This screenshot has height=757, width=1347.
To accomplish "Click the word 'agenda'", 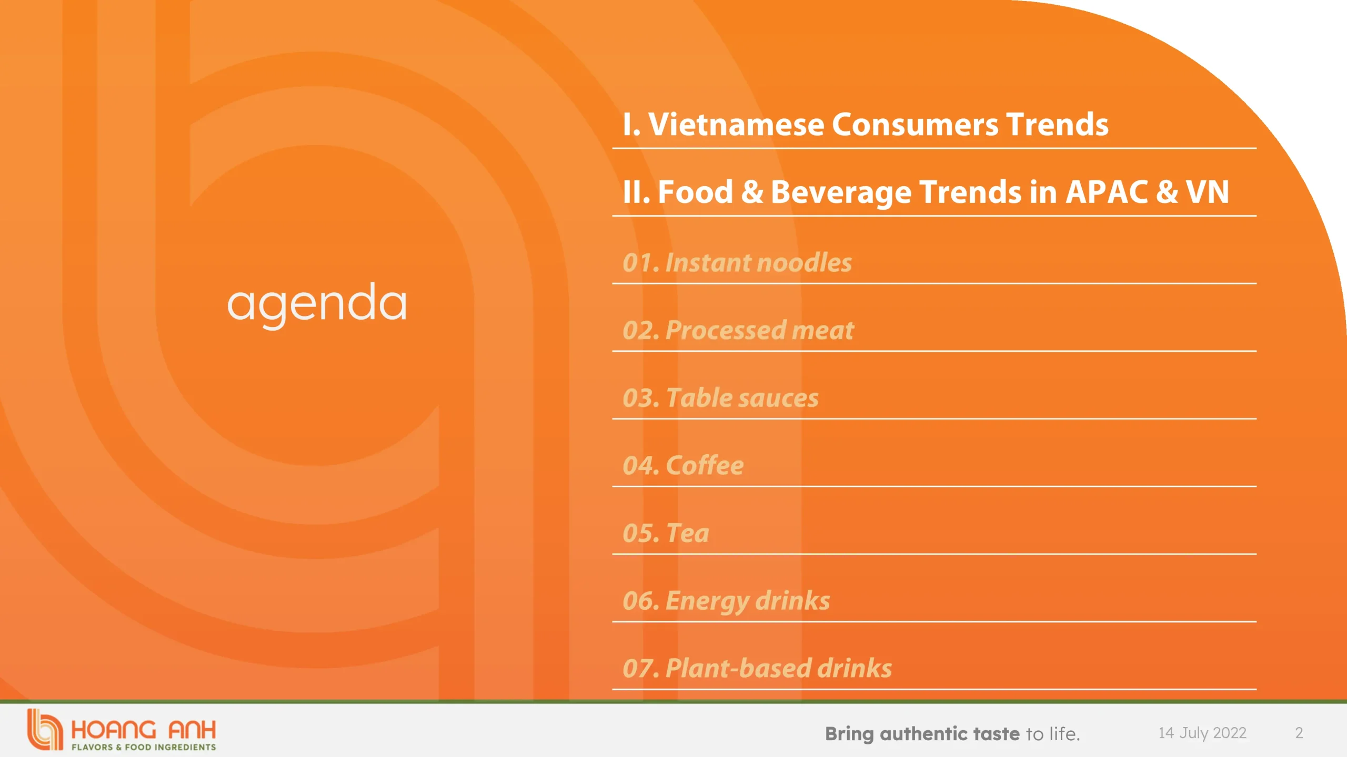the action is pos(317,303).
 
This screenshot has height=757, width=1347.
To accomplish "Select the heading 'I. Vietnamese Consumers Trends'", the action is pos(866,125).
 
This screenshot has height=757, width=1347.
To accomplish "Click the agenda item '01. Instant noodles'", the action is pos(737,262).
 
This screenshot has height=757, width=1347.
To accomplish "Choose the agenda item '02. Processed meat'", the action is pos(738,330).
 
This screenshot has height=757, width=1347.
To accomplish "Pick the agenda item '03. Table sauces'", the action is pos(720,398).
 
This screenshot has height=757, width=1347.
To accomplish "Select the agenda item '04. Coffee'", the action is pos(683,465).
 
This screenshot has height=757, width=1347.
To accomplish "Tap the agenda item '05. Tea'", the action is pos(666,533).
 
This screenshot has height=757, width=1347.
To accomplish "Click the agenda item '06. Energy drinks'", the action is pos(726,601).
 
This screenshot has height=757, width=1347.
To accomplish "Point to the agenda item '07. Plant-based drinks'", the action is pos(757,668).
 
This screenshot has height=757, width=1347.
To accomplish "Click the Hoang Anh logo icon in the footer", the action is pos(45,729).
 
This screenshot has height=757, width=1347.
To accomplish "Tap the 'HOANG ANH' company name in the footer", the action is pos(143,730).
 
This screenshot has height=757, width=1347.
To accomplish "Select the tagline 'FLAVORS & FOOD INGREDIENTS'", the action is pos(144,747).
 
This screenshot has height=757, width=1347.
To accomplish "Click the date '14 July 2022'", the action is pos(1202,733).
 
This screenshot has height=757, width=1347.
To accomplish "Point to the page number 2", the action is pos(1299,733).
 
